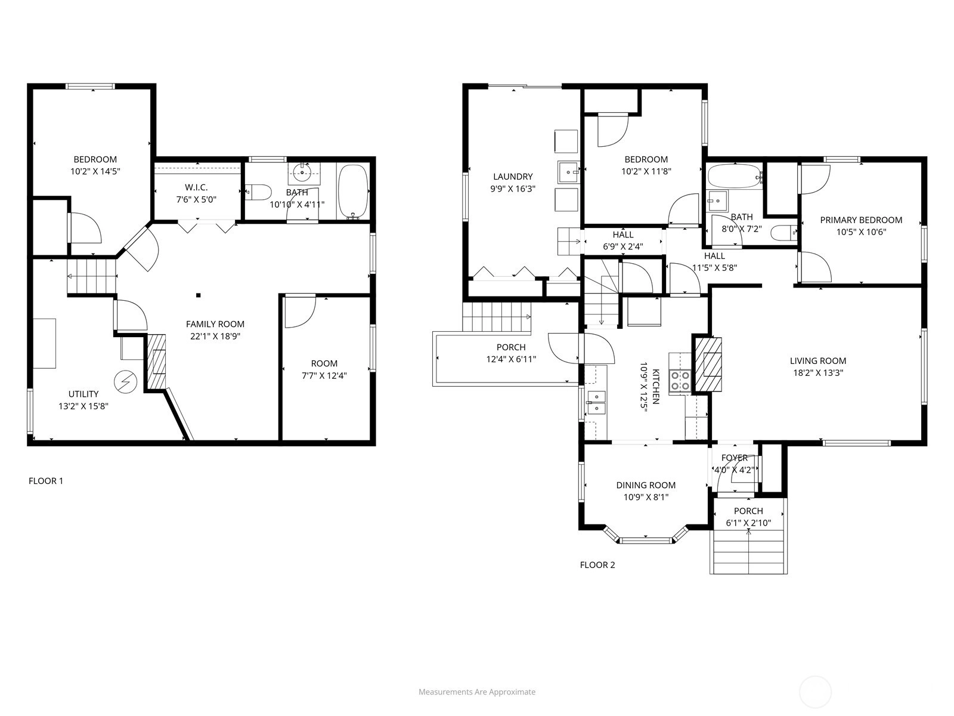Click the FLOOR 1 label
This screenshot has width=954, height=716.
46,481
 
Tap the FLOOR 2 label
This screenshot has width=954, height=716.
597,564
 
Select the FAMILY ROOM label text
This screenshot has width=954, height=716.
215,324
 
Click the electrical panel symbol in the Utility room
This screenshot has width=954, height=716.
125,382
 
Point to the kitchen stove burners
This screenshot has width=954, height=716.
680,381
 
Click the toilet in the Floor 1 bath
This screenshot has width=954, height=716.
258,192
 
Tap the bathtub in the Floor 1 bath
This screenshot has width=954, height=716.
353,191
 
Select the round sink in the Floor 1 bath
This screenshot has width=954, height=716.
302,172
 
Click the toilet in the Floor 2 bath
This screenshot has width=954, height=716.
784,233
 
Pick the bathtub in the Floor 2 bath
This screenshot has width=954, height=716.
735,176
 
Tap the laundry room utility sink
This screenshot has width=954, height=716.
568,172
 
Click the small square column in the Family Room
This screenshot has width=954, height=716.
198,295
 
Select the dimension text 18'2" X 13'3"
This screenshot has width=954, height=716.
817,372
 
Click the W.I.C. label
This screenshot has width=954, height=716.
196,187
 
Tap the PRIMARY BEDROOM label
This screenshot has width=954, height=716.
861,220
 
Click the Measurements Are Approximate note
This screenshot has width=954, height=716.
477,692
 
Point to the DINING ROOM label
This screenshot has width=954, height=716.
646,485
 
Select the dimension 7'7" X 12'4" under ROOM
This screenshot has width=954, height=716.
324,376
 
